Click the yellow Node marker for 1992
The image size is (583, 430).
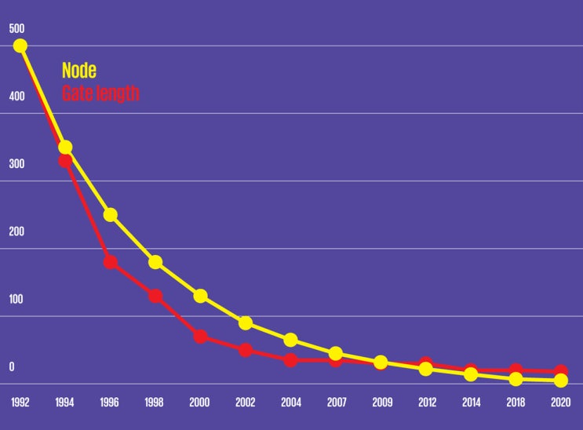pyautogui.click(x=20, y=46)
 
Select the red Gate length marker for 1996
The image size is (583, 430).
pyautogui.click(x=111, y=262)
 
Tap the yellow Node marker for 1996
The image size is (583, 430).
pyautogui.click(x=111, y=215)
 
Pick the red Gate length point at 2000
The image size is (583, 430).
pyautogui.click(x=200, y=337)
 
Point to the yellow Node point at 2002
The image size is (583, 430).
pyautogui.click(x=246, y=323)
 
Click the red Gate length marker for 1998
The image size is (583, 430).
pyautogui.click(x=155, y=297)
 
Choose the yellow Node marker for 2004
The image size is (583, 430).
pyautogui.click(x=290, y=340)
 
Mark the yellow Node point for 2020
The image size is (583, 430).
pyautogui.click(x=561, y=381)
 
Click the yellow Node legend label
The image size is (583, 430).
pyautogui.click(x=79, y=71)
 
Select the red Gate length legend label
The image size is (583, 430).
pyautogui.click(x=100, y=93)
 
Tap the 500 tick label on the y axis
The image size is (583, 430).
pyautogui.click(x=16, y=29)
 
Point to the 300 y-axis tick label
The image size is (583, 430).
pyautogui.click(x=16, y=164)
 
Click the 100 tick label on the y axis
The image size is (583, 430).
pyautogui.click(x=16, y=300)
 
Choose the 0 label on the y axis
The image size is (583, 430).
pyautogui.click(x=12, y=367)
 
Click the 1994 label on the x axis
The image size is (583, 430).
pyautogui.click(x=64, y=403)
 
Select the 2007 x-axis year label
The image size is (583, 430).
pyautogui.click(x=336, y=403)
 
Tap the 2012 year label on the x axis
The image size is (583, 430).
pyautogui.click(x=426, y=403)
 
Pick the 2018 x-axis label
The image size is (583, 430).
pyautogui.click(x=516, y=403)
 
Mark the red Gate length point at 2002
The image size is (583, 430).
pyautogui.click(x=246, y=350)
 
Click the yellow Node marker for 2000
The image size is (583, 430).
pyautogui.click(x=200, y=296)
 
